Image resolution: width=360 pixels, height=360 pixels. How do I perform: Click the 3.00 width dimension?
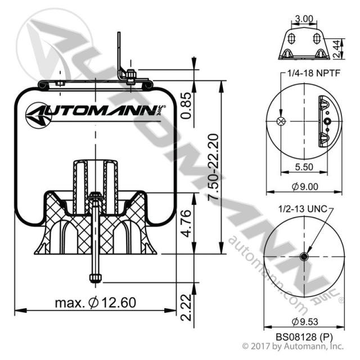coord(304,19)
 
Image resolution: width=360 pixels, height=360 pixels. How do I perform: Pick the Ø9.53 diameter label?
coord(304,322)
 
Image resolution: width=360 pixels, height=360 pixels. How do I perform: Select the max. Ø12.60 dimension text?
coord(96,303)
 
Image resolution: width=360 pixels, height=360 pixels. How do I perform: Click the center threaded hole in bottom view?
coord(304,256)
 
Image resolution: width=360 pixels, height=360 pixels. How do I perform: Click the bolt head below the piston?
coord(94,277)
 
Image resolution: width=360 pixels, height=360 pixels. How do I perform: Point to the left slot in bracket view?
coord(291,38)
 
